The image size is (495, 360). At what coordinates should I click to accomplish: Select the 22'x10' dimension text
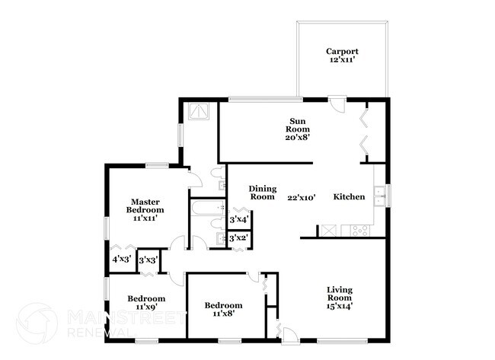coord(302,198)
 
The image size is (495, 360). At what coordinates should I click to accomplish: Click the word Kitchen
coord(349,197)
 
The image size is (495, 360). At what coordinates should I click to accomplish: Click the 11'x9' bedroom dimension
coord(146,307)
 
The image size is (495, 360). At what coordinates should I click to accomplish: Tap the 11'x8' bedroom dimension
coord(223,314)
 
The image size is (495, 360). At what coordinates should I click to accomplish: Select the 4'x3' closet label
coord(122,260)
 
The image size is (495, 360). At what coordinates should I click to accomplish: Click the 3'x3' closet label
coord(148,260)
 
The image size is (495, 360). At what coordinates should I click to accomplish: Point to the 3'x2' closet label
coord(239,238)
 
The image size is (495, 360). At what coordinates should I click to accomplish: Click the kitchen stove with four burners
coord(360,231)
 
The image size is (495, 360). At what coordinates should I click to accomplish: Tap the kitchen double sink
coord(379,196)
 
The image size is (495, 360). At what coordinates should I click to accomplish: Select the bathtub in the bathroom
coord(208,208)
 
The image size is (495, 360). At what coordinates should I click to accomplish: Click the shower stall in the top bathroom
coord(199,111)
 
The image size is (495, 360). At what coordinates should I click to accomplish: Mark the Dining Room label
coord(263,193)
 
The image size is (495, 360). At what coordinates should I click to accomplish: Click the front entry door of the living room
coord(289,335)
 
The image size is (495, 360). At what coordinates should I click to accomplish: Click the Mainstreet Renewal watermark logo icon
coord(37,323)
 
